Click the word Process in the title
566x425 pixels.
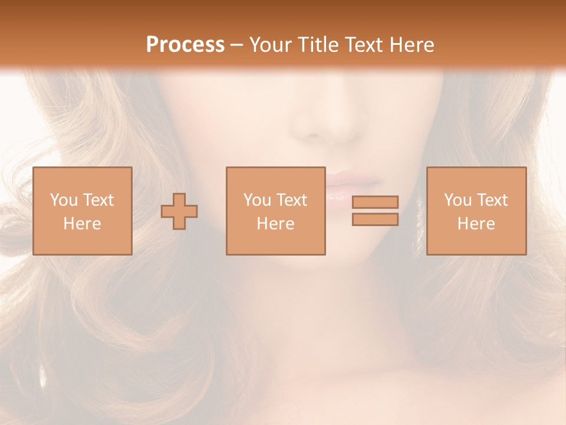point(185,45)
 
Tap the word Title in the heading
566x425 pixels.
point(319,45)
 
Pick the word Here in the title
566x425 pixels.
point(413,45)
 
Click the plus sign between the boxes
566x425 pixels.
point(179,211)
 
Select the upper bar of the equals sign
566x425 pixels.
point(375,202)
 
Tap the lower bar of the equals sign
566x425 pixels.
point(375,220)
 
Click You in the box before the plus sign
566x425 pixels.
point(64,200)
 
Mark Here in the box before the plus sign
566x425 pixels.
point(82,224)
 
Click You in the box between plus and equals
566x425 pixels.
point(257,200)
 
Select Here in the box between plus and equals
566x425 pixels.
point(275,224)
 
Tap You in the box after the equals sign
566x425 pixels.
point(458,200)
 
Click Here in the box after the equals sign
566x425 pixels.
point(476,224)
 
